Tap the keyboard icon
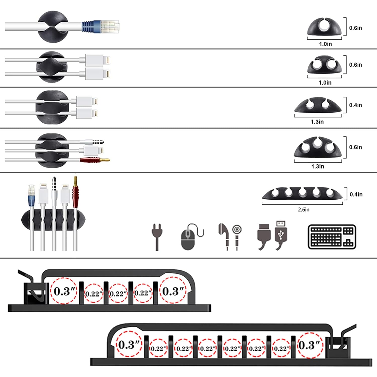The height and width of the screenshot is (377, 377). [332, 237]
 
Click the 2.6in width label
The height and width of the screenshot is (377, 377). [303, 209]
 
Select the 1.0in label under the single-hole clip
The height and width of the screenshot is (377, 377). [325, 44]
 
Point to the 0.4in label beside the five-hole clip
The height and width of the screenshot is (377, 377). [356, 194]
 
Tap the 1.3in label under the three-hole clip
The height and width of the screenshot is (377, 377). [317, 166]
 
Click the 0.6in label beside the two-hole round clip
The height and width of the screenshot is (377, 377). [355, 65]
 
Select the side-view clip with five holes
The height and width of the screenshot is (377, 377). [302, 193]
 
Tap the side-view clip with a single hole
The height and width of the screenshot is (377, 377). [324, 27]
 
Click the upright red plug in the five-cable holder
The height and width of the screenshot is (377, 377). [75, 191]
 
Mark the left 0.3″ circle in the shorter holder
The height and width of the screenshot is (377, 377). [63, 291]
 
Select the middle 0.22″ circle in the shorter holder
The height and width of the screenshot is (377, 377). [118, 293]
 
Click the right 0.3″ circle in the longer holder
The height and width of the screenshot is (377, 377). [309, 345]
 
